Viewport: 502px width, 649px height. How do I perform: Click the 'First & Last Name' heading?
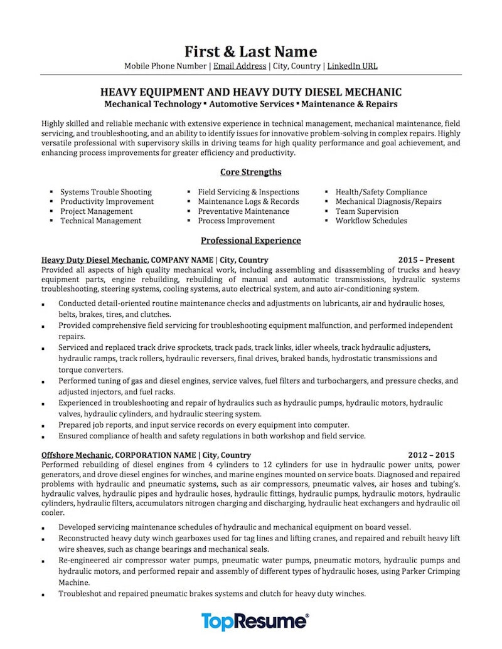pos(250,51)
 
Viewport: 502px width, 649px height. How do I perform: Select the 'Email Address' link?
pos(240,66)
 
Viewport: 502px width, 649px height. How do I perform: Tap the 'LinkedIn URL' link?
pos(352,66)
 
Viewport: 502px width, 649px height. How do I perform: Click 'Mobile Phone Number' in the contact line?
pos(165,66)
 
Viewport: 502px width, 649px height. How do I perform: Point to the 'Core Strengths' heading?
pos(250,172)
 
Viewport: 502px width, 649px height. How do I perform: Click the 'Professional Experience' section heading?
pos(250,240)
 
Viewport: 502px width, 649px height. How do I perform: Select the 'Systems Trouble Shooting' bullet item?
pos(106,192)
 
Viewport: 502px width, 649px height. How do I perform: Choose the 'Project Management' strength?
pos(97,211)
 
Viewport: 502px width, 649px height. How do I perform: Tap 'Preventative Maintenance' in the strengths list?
pos(243,211)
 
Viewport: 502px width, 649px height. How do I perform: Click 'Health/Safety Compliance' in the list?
pos(381,192)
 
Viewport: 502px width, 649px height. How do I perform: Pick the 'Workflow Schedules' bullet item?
pos(371,221)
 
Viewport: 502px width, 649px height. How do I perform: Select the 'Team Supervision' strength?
pos(367,211)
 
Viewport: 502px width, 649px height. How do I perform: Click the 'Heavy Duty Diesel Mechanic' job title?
pos(95,260)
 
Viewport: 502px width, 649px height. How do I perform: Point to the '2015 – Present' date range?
pos(426,260)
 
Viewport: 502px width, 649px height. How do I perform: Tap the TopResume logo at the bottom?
pos(255,621)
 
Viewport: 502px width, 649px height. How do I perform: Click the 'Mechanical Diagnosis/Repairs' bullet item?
pos(388,201)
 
